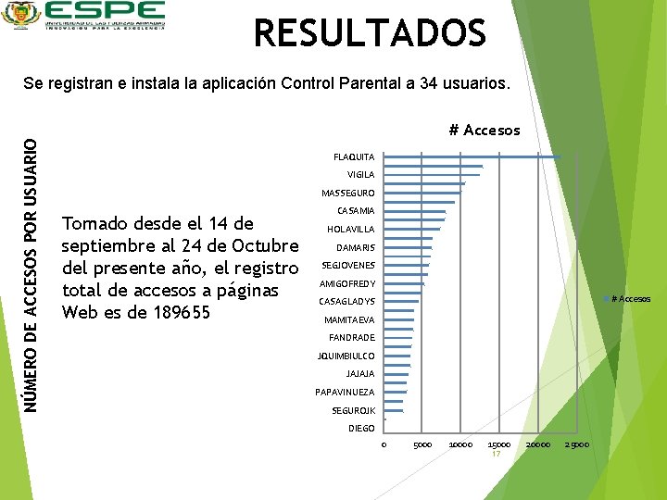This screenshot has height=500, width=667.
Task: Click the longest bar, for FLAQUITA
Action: [472, 156]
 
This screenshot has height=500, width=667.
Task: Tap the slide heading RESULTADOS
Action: [370, 34]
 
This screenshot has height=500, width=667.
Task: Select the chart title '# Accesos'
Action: [484, 131]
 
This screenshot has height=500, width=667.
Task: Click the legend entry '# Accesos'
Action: [630, 298]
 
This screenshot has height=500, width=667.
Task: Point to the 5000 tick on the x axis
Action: [422, 444]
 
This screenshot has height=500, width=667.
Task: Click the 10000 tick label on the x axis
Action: [460, 444]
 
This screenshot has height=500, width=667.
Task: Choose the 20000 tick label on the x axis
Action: [537, 444]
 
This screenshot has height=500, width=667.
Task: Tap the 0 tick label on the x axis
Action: [384, 444]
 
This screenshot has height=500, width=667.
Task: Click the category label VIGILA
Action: [360, 175]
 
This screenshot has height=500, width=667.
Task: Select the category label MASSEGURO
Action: [347, 194]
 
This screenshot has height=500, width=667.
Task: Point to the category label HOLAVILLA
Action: [350, 230]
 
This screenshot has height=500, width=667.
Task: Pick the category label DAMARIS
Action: [355, 248]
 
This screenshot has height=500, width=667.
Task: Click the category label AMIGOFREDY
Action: [346, 283]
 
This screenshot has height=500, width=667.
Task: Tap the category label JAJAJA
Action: [359, 374]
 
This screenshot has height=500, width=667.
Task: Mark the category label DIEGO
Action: [361, 428]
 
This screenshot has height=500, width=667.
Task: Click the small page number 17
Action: [497, 455]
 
